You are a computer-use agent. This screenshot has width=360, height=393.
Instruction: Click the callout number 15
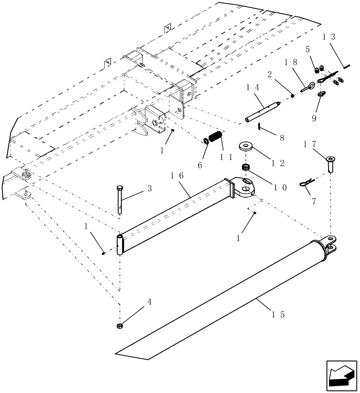[x=281, y=315]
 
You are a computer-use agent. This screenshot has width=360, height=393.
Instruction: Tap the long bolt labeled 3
[x=119, y=201]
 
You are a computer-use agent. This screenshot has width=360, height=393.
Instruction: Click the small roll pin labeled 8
[x=260, y=126]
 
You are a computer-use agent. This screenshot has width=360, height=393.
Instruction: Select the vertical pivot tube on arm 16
[x=120, y=245]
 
